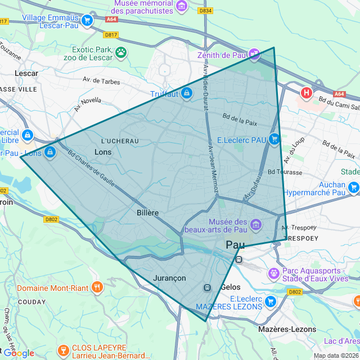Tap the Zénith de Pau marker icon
(x=255, y=55)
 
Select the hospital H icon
(x=307, y=92)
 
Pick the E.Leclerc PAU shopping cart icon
(x=274, y=139)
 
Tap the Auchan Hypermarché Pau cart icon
(x=353, y=188)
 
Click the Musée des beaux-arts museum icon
(x=255, y=225)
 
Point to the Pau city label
(x=236, y=245)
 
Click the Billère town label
(x=147, y=213)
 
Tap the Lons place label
(x=103, y=152)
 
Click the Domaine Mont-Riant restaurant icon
(x=97, y=287)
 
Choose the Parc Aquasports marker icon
(x=274, y=273)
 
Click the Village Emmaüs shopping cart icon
(x=87, y=21)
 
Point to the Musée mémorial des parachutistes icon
(x=182, y=6)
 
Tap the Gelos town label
(x=231, y=287)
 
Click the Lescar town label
(x=26, y=73)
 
